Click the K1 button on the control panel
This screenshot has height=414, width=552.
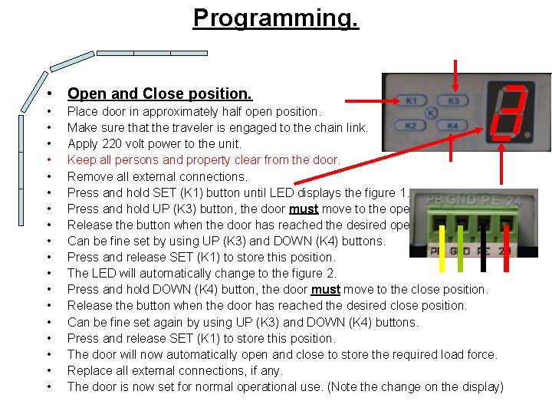click(x=412, y=101)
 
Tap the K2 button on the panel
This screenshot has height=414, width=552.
click(x=412, y=125)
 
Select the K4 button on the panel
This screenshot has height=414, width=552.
click(x=453, y=125)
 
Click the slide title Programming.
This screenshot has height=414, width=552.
click(x=275, y=18)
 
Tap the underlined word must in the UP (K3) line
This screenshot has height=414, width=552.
click(x=304, y=209)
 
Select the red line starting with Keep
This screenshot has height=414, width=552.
click(x=203, y=160)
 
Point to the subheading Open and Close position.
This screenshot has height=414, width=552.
click(x=159, y=94)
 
